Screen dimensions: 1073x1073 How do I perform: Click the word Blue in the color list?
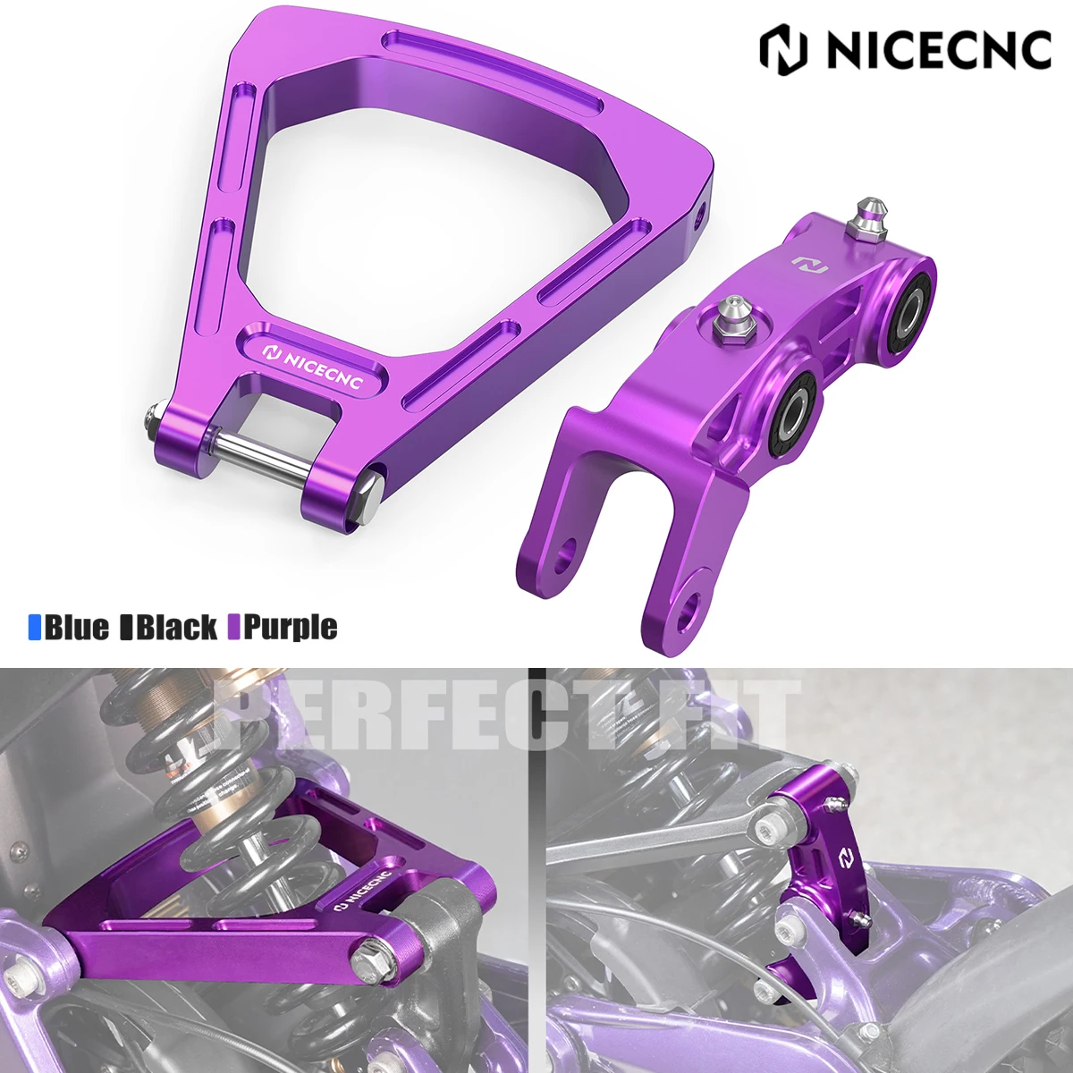tap(77, 627)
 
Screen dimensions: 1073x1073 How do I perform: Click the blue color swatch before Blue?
tap(35, 627)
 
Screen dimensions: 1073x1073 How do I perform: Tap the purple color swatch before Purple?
tap(234, 627)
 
